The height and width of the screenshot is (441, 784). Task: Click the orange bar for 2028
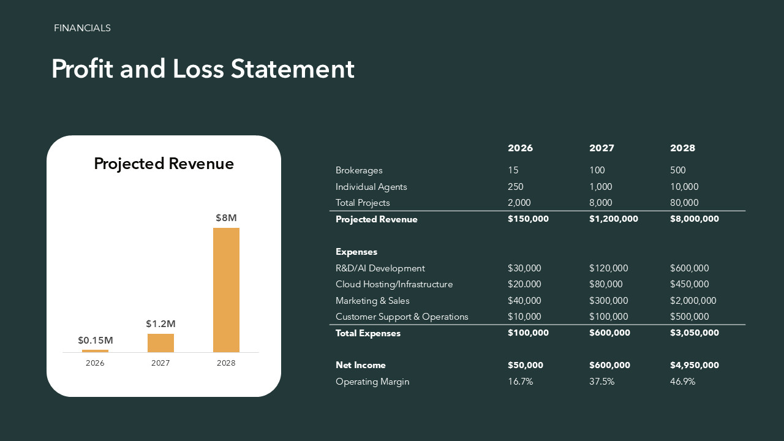pyautogui.click(x=226, y=290)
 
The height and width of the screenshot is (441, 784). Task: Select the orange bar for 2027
pyautogui.click(x=160, y=343)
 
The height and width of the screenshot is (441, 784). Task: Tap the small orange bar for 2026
pyautogui.click(x=95, y=351)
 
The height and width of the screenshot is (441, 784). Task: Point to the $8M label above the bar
pyautogui.click(x=226, y=217)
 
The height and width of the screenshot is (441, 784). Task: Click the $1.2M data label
pyautogui.click(x=160, y=323)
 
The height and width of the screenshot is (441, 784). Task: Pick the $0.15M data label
pyautogui.click(x=95, y=340)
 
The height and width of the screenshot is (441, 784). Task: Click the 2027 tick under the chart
pyautogui.click(x=160, y=363)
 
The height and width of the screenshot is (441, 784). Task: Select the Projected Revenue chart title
pyautogui.click(x=164, y=164)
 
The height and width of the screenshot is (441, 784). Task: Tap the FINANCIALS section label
pyautogui.click(x=82, y=28)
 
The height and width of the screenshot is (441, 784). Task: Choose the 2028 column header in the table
pyautogui.click(x=682, y=148)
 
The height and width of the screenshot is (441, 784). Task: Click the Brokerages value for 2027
pyautogui.click(x=597, y=170)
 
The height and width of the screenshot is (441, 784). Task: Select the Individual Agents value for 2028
pyautogui.click(x=684, y=187)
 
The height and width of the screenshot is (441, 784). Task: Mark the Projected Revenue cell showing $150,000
pyautogui.click(x=528, y=219)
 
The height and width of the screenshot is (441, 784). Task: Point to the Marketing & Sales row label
pyautogui.click(x=372, y=301)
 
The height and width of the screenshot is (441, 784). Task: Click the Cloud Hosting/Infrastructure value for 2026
pyautogui.click(x=524, y=284)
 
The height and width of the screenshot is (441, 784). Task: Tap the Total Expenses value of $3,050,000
pyautogui.click(x=695, y=333)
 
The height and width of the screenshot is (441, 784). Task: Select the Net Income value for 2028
pyautogui.click(x=695, y=365)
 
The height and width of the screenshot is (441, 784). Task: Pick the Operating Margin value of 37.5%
pyautogui.click(x=601, y=382)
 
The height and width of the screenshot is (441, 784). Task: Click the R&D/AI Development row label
pyautogui.click(x=380, y=268)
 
